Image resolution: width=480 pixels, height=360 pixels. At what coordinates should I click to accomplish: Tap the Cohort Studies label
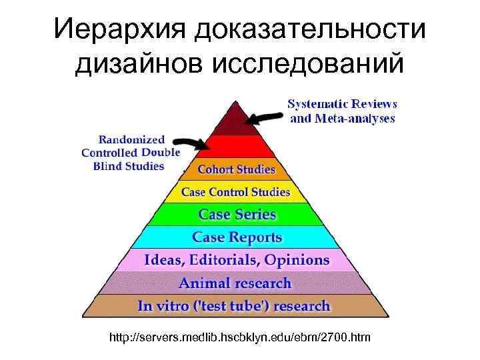click(236, 169)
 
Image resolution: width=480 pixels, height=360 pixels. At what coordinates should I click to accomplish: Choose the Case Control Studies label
click(236, 192)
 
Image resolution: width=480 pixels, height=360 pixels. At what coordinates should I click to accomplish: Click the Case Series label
click(237, 215)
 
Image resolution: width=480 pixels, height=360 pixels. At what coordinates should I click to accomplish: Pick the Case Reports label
click(237, 237)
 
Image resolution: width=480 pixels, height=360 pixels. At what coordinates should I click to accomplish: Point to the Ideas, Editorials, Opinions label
click(237, 260)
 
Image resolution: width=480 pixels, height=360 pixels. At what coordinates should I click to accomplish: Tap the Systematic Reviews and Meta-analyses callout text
click(342, 111)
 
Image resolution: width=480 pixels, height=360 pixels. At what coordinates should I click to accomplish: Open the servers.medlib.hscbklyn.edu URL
click(241, 339)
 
